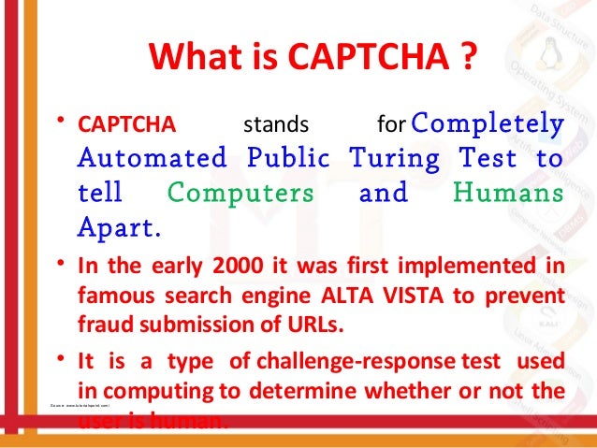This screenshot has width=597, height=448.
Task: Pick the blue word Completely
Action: point(488,123)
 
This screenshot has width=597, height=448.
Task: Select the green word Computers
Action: point(241,193)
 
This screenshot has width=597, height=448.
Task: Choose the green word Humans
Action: point(508,193)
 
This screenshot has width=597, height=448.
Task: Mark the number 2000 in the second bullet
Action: point(249,265)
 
